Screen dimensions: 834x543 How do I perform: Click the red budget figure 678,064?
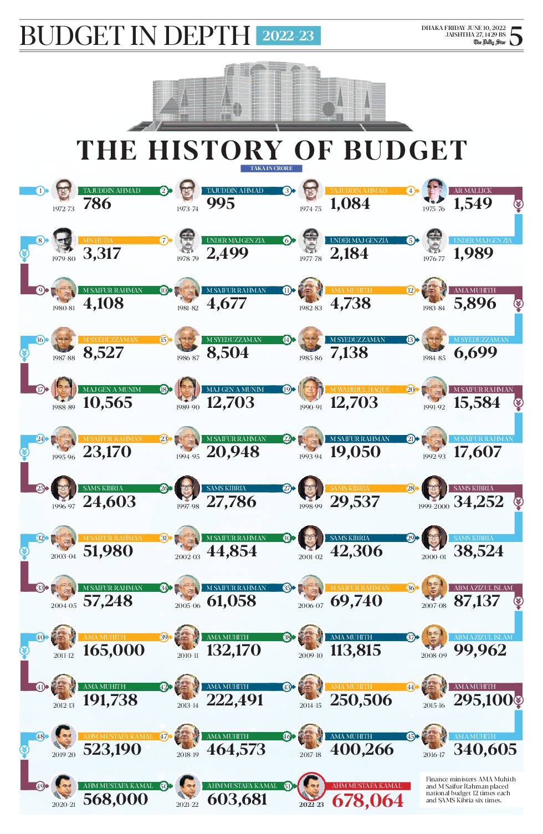(x=367, y=800)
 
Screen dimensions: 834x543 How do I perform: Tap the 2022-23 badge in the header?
(x=288, y=36)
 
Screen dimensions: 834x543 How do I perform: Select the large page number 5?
(x=515, y=36)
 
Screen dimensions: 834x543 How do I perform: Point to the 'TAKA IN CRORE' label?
(x=271, y=168)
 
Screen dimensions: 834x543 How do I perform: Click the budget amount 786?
(x=98, y=204)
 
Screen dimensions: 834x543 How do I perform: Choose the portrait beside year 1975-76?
(x=434, y=191)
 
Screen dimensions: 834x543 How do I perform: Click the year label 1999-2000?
(x=434, y=506)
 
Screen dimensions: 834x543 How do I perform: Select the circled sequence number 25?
(x=40, y=488)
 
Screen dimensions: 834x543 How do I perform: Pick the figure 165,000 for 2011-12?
(x=114, y=650)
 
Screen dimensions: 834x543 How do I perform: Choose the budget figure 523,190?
(x=112, y=749)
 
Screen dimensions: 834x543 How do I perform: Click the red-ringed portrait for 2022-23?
(x=311, y=786)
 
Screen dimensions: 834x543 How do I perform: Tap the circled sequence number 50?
(x=164, y=786)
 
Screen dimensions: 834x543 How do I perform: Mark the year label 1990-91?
(x=310, y=407)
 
